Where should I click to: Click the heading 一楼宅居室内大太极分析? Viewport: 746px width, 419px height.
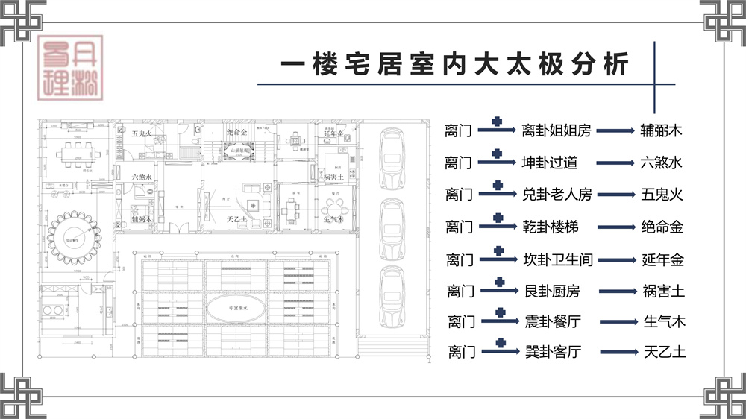pos(454,64)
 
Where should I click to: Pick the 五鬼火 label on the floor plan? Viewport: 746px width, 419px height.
pos(142,134)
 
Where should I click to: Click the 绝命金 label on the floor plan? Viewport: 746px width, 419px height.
pos(236,133)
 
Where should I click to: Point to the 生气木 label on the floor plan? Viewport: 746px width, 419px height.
pos(333,220)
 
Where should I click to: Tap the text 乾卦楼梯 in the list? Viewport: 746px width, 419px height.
pos(550,227)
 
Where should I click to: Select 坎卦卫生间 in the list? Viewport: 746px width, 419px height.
pos(557,259)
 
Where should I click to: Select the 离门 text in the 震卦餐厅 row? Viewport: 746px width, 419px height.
pos(462,322)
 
